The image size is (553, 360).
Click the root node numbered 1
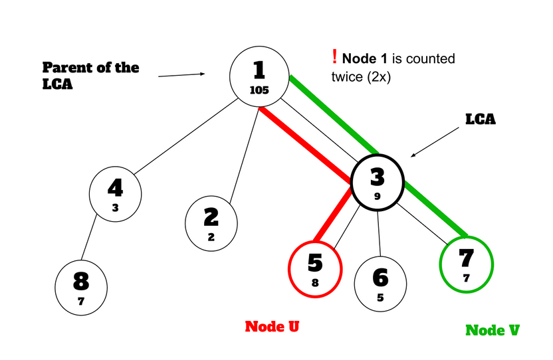click(259, 77)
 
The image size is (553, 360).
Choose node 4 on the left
click(115, 193)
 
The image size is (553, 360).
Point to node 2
click(211, 222)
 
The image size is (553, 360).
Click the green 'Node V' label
click(492, 329)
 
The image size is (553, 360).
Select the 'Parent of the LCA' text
click(90, 74)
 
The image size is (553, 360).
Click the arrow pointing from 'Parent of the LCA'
click(181, 75)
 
